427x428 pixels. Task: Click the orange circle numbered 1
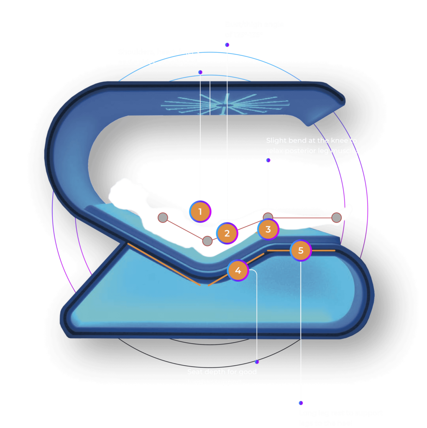[x=200, y=211]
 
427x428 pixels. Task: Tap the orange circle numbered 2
[x=227, y=233]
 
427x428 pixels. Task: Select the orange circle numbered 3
[x=268, y=229]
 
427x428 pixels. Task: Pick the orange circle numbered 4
[x=238, y=270]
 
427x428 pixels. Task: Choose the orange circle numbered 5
[x=301, y=251]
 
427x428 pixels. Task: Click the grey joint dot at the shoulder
[x=163, y=218]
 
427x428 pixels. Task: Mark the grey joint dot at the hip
[x=207, y=241]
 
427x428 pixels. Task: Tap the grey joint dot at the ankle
[x=337, y=217]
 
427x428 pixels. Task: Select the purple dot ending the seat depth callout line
[x=257, y=362]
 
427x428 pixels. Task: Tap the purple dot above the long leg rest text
[x=301, y=403]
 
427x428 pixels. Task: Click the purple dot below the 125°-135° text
[x=227, y=45]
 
